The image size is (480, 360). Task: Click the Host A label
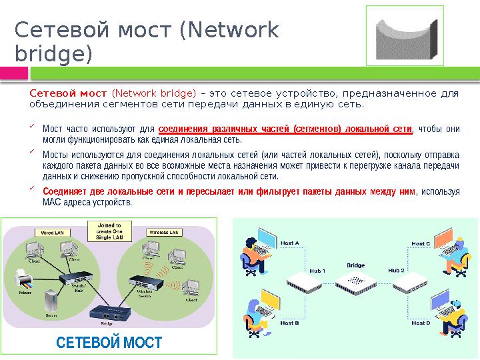(289, 243)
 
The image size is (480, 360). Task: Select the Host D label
(421, 323)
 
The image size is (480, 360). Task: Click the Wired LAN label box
(53, 233)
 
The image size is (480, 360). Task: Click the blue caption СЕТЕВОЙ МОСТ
(109, 343)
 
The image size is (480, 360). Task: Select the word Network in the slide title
(230, 31)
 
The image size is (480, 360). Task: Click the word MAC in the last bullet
(51, 202)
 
